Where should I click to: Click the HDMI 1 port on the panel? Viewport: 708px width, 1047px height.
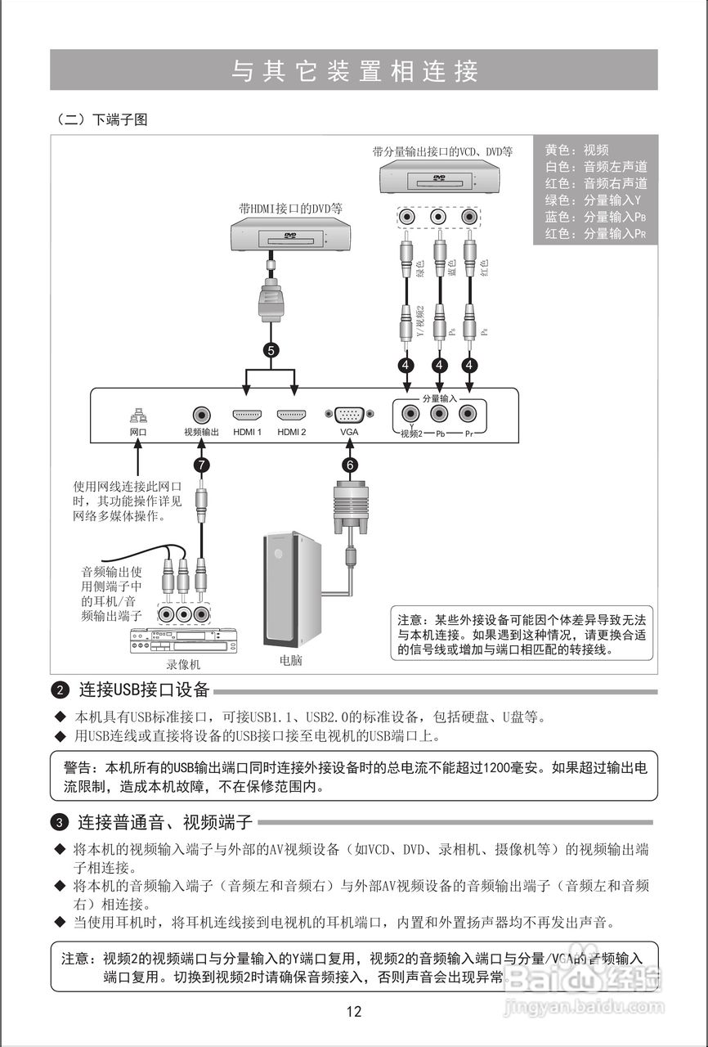point(247,415)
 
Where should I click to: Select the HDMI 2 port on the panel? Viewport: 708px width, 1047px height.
point(291,415)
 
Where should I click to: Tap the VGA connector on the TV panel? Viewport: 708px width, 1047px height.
point(349,415)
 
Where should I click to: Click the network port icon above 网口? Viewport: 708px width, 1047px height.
point(138,415)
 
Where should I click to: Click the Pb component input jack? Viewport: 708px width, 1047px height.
point(439,414)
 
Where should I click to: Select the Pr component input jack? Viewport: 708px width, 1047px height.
point(468,414)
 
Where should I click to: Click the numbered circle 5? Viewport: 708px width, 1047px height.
point(271,349)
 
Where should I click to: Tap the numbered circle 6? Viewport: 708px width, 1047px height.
point(350,465)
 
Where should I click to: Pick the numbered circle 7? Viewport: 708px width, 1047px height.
point(201,465)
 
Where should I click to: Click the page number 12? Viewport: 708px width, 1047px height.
point(353,1011)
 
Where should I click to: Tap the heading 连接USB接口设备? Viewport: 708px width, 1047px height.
point(144,690)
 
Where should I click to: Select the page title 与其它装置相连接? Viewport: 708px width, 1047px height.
point(353,71)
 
